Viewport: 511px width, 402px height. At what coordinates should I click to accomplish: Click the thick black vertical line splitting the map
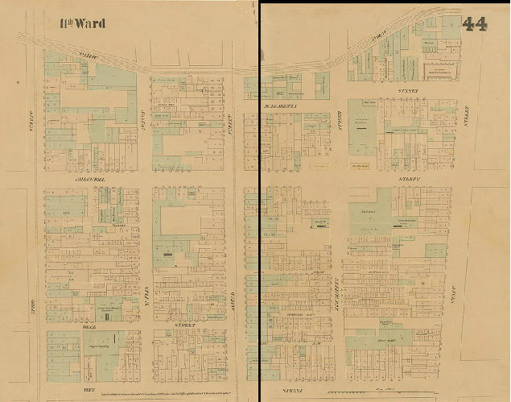coord(259,201)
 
